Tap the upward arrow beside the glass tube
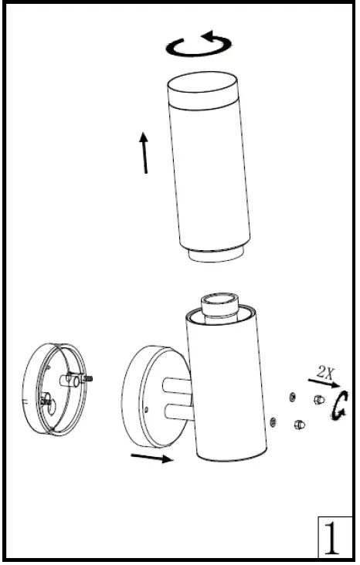pos(144,152)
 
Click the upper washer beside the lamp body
pos(290,397)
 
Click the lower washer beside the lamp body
pos(274,421)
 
